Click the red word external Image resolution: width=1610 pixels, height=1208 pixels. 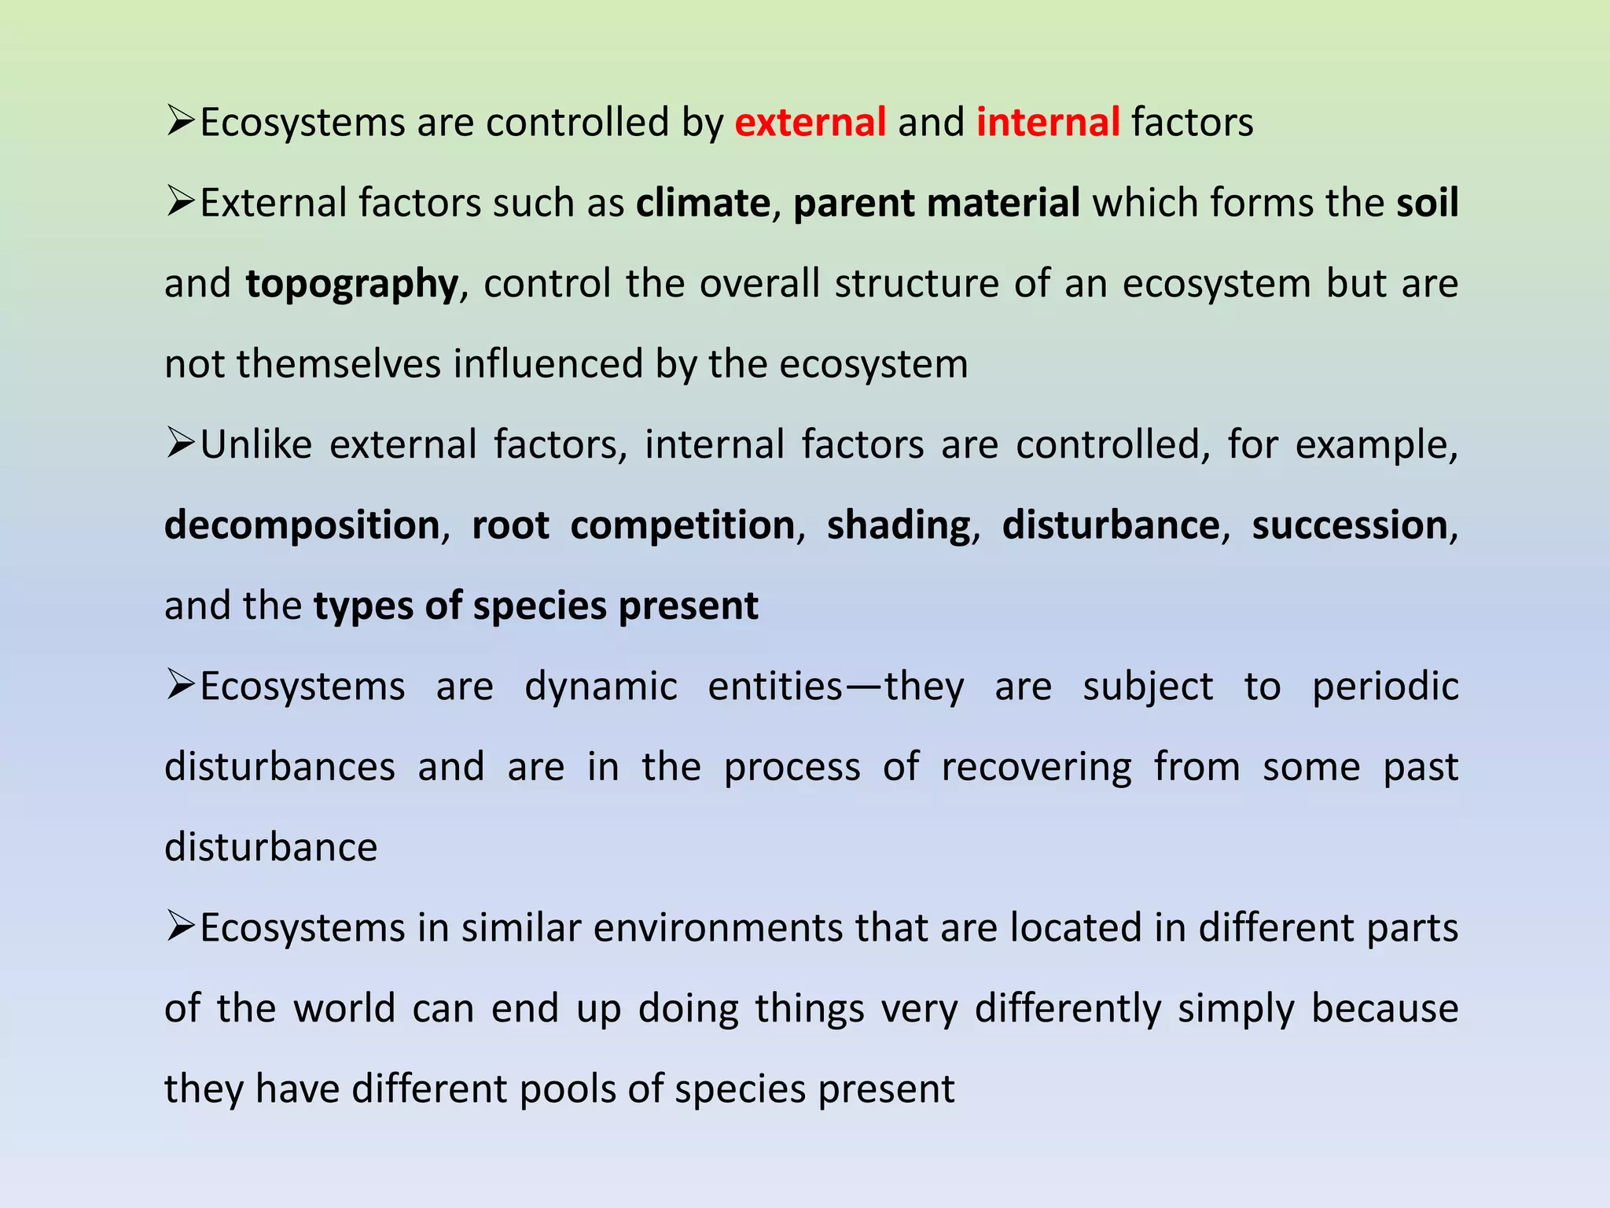point(811,123)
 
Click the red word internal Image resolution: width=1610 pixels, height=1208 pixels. point(1048,123)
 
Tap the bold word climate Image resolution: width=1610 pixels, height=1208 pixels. point(703,203)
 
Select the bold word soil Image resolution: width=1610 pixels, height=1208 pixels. point(1427,203)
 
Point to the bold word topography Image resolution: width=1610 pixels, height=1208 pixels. point(351,285)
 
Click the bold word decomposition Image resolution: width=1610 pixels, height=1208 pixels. point(302,525)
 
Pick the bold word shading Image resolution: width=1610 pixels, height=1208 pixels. point(899,525)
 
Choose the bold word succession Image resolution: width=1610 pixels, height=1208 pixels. point(1350,525)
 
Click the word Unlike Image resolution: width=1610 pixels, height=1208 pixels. point(256,444)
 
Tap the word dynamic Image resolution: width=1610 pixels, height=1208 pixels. point(601,687)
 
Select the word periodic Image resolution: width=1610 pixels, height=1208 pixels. point(1385,687)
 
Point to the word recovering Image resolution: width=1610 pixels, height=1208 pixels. point(1036,767)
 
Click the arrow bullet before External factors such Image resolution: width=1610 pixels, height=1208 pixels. point(180,202)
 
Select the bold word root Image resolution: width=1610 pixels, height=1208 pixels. point(510,525)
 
